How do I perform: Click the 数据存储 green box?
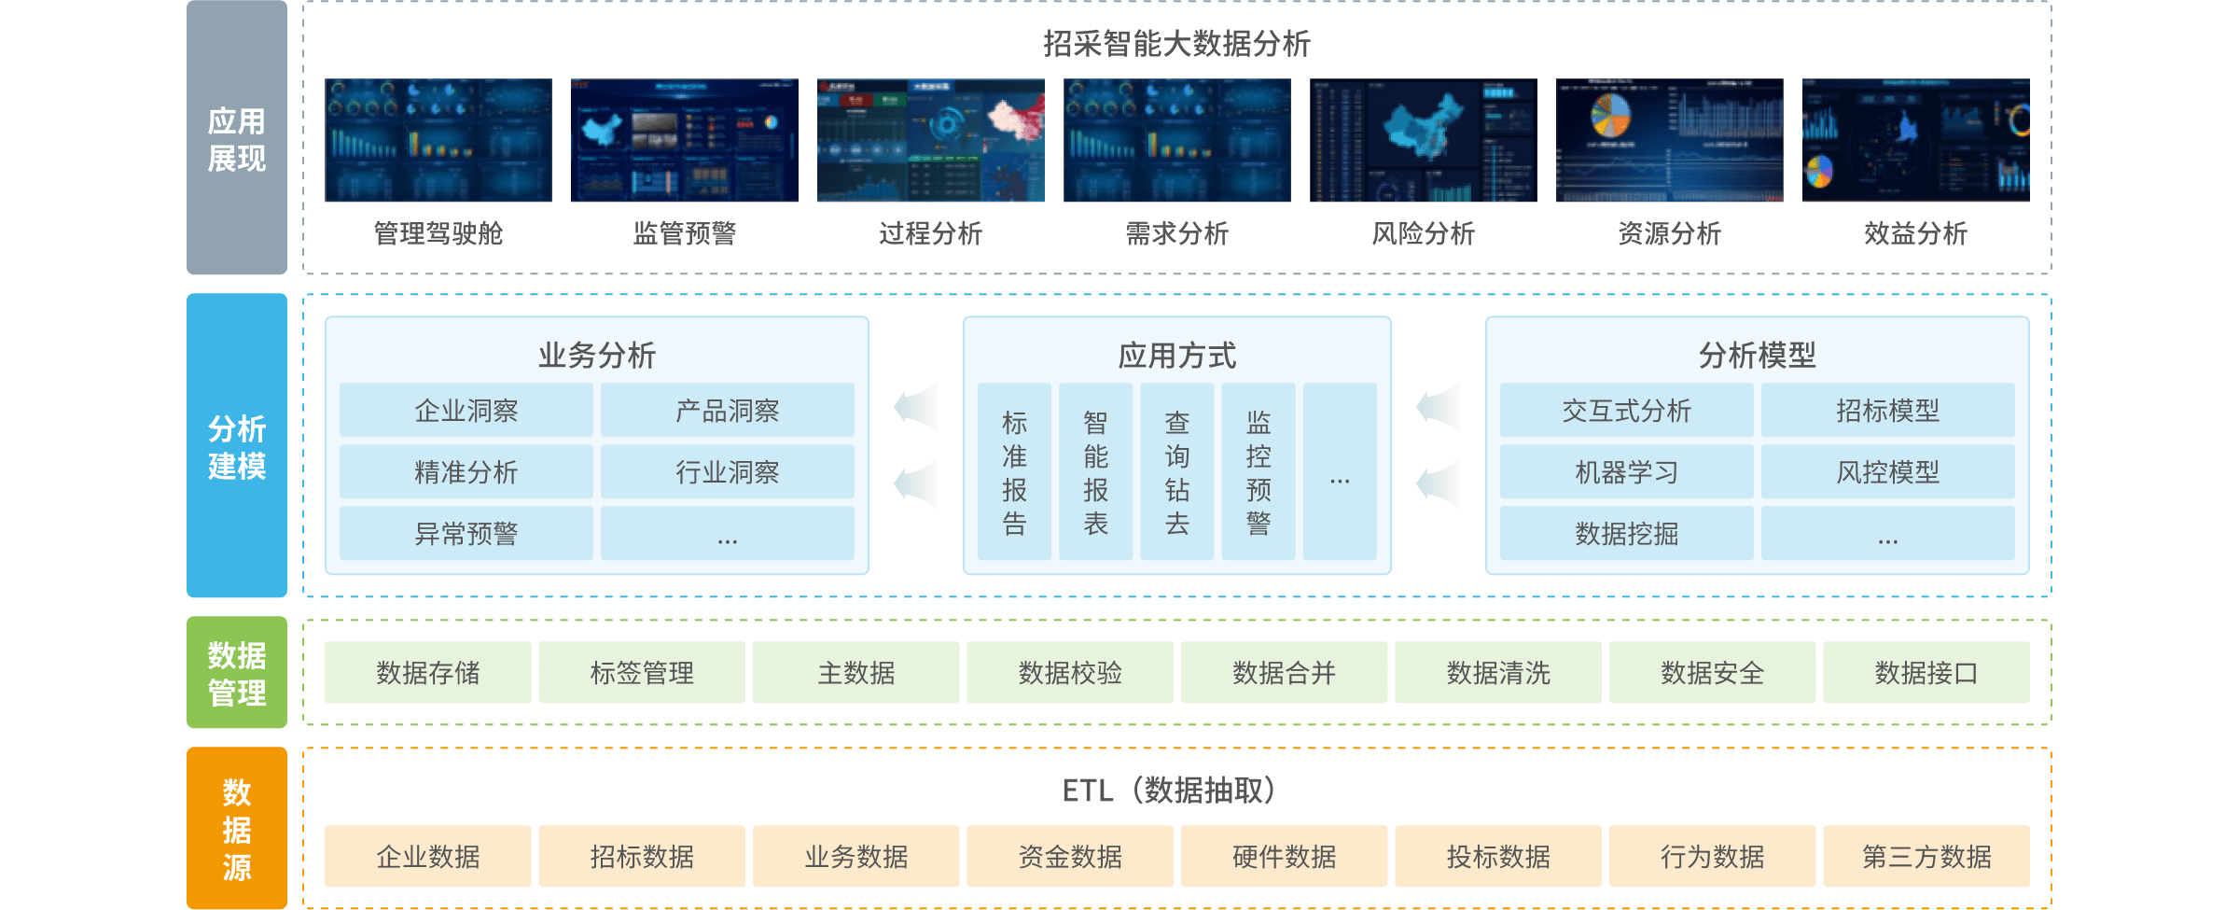[427, 672]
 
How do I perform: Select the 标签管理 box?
[642, 672]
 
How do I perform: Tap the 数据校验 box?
[1070, 672]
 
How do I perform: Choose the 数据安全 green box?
[1712, 672]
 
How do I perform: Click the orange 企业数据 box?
[427, 856]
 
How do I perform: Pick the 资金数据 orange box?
[1070, 856]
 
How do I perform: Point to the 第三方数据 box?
[1926, 856]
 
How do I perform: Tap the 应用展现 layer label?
[237, 139]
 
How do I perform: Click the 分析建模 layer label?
[237, 446]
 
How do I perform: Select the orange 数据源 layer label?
[237, 829]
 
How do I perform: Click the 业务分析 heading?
[597, 356]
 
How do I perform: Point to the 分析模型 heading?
[1757, 356]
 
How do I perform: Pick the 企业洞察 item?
[466, 411]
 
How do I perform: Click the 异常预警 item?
[466, 534]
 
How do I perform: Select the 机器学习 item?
[1626, 472]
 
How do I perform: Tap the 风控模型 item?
[1887, 472]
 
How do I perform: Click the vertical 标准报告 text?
[1014, 473]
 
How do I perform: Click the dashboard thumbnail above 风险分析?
[1424, 140]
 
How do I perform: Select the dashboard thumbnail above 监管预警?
[685, 140]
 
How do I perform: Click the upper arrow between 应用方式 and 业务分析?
[916, 407]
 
